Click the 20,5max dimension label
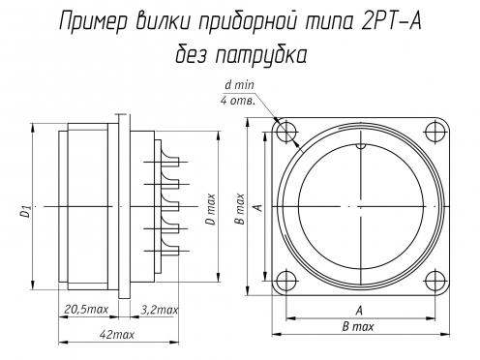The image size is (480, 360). point(86,309)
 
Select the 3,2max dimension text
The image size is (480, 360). point(160,310)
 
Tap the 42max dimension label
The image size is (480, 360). point(116,335)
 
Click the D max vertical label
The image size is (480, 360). point(210,209)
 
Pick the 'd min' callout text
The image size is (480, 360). point(239,85)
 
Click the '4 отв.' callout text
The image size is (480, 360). point(238,101)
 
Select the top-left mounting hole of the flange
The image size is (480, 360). point(286,132)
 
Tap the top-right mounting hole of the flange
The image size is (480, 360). point(435,132)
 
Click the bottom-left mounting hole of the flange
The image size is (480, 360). point(286,281)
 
